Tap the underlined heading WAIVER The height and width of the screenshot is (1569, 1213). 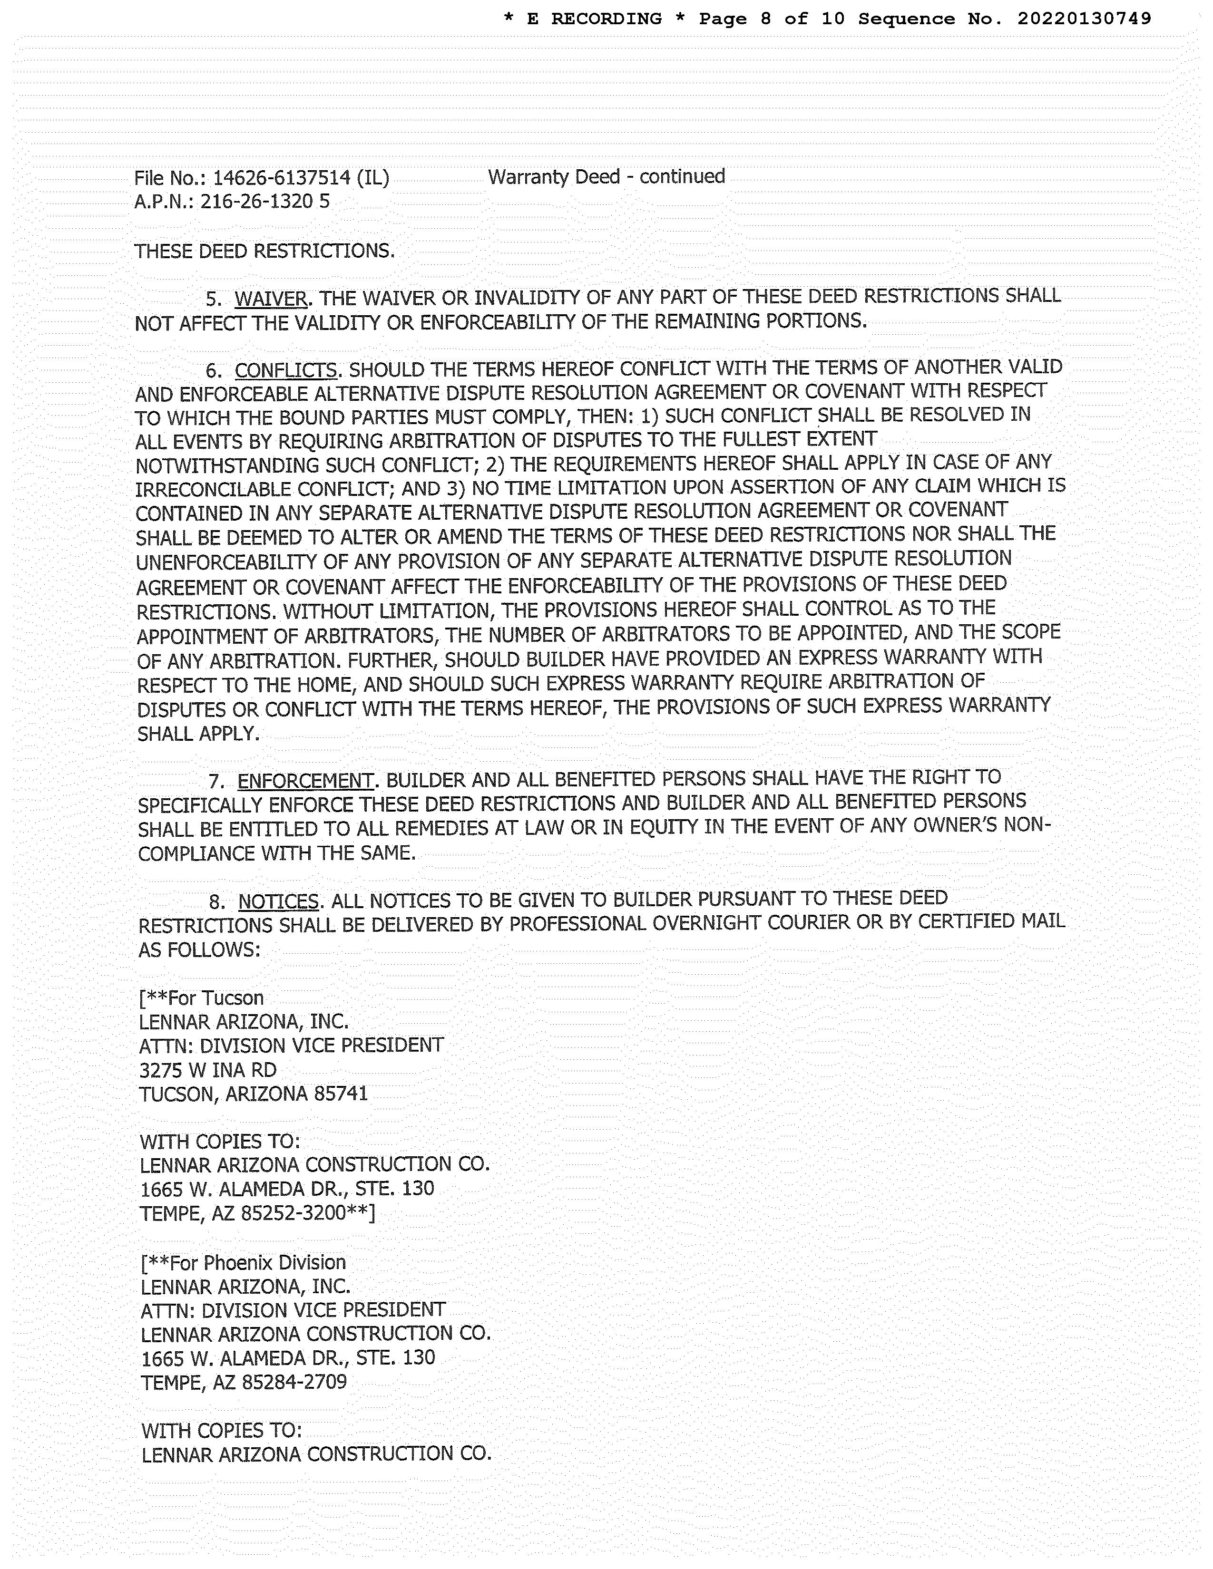point(271,298)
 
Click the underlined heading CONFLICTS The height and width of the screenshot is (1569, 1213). point(285,371)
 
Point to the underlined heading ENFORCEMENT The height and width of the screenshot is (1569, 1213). point(305,781)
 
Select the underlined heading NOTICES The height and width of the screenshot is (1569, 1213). point(278,901)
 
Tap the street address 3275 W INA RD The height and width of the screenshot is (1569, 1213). point(208,1070)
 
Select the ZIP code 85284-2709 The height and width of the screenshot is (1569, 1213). point(294,1382)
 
